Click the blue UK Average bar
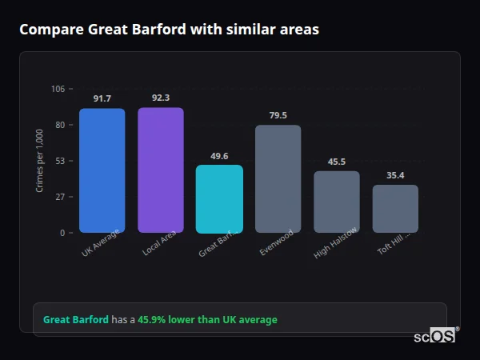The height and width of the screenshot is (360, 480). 102,170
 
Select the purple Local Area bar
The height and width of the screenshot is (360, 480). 161,170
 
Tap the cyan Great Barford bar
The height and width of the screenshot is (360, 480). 219,198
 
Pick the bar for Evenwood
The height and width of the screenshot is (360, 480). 278,178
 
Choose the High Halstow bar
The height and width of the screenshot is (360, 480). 337,202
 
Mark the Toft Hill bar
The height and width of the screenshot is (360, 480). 395,208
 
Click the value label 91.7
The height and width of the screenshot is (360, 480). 102,98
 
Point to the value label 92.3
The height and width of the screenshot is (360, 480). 161,98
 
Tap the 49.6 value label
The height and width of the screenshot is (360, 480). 219,156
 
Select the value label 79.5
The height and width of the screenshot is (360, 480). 278,115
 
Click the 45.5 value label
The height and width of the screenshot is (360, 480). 337,162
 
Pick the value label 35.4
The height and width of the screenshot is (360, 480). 395,175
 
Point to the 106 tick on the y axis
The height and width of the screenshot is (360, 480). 58,89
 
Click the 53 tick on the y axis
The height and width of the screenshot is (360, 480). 59,161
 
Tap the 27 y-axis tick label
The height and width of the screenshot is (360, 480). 59,197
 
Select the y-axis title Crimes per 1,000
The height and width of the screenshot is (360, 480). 40,161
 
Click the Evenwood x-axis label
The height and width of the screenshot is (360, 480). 277,244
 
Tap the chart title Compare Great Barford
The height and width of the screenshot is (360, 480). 169,30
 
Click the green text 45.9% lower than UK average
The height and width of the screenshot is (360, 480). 207,320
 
